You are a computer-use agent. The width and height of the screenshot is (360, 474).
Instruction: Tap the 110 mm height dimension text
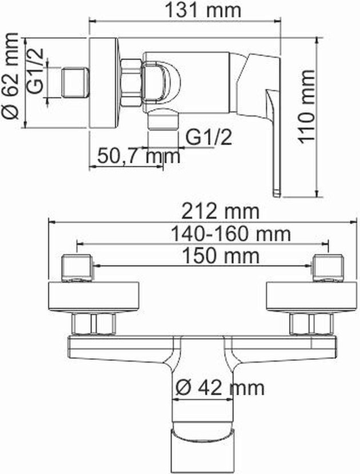(x=306, y=106)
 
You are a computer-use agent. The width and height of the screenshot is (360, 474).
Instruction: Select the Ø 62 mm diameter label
(x=11, y=75)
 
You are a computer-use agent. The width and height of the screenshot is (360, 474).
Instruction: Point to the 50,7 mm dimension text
(x=139, y=156)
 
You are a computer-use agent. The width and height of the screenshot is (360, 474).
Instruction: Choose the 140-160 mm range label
(x=231, y=234)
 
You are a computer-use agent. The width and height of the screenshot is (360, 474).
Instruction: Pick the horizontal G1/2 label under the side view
(x=209, y=137)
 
